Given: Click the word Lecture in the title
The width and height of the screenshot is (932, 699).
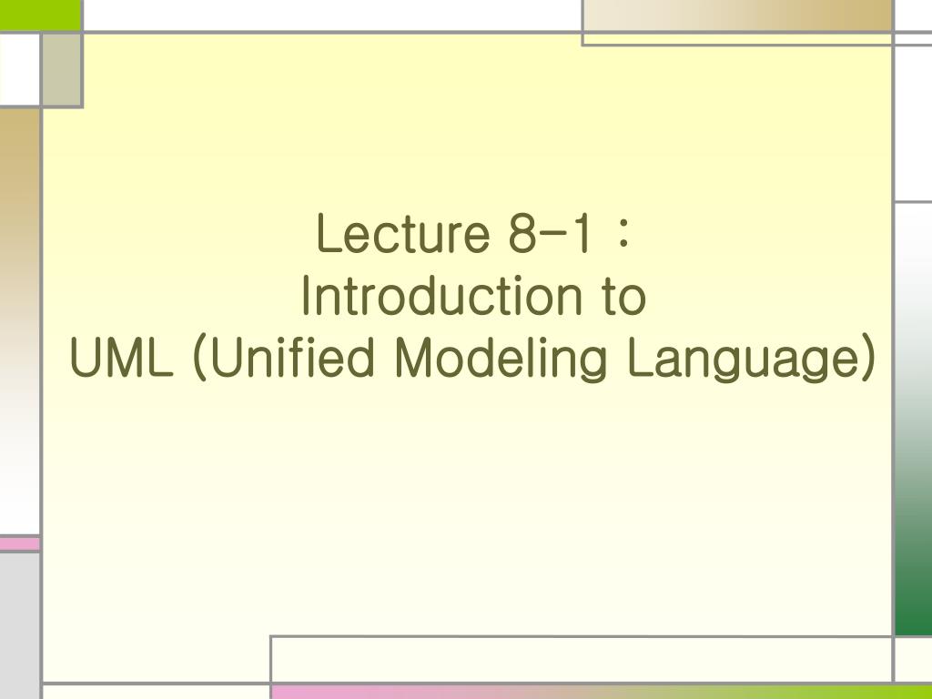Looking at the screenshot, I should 399,236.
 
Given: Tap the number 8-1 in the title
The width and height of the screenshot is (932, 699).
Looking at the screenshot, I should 549,236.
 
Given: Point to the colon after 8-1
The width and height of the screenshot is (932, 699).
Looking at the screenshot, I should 623,236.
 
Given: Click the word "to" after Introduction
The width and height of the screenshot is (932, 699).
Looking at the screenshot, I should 624,299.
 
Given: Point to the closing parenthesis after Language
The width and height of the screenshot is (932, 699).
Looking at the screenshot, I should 867,359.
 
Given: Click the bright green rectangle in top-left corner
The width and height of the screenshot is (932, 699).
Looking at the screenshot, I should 40,14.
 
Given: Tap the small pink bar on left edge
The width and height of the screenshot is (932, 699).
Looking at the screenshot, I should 19,543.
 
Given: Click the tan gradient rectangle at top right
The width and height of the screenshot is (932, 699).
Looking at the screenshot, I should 737,15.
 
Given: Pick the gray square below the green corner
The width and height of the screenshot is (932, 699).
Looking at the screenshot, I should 61,69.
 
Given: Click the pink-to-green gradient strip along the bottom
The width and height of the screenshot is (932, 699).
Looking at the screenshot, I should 601,692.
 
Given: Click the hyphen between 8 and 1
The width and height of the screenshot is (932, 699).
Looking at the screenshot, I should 549,236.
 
